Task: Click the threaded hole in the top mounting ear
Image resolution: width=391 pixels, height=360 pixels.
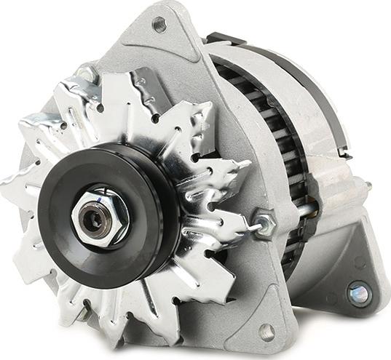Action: [159, 24]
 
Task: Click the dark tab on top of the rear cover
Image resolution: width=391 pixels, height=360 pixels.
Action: [221, 38]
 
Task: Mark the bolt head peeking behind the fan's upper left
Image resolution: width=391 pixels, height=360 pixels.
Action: [88, 73]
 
